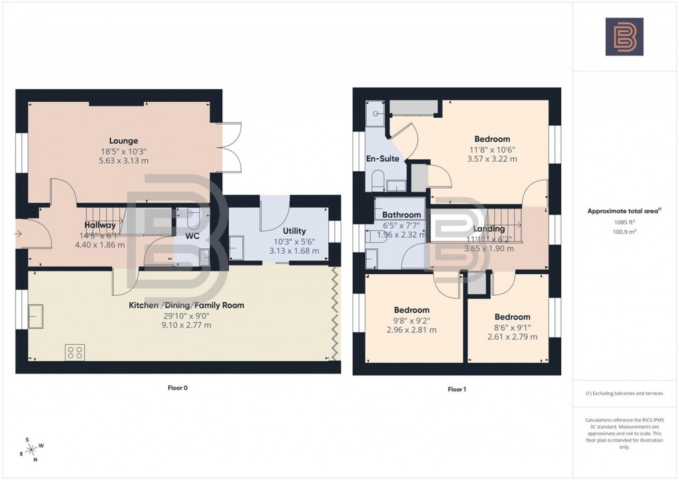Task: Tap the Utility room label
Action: tap(294, 230)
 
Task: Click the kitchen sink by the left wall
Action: tap(36, 316)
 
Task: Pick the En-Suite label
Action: tap(383, 158)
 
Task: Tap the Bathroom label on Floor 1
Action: tap(401, 215)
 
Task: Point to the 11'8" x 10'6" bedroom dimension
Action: tap(493, 150)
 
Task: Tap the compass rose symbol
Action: tap(33, 449)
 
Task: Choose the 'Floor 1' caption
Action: tap(457, 389)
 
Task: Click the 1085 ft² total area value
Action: tap(625, 222)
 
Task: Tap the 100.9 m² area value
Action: tap(625, 232)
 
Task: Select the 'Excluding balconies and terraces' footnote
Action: tap(624, 393)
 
